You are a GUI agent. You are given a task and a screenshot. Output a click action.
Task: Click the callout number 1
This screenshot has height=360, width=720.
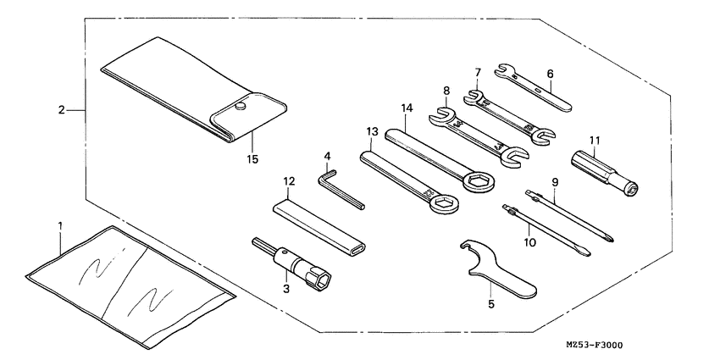[60, 226]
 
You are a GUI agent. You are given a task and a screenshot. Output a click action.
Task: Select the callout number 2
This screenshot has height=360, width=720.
[62, 110]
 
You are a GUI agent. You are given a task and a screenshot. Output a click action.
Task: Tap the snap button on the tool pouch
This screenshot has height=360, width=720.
[241, 107]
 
